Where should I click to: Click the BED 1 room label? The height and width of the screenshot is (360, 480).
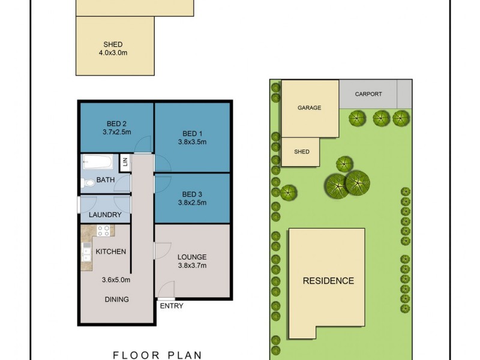point(193,133)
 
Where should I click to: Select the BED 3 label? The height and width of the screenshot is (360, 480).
point(193,194)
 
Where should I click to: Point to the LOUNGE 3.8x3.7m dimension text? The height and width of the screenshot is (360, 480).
point(193,265)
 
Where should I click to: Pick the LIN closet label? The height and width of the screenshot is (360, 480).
point(125,161)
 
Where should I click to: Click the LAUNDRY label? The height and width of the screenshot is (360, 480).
point(105,215)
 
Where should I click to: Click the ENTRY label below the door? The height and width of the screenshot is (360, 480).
point(172,306)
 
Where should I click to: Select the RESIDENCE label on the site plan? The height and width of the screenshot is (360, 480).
point(328,280)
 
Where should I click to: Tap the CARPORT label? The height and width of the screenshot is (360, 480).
point(368,94)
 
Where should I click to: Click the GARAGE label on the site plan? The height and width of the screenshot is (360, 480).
point(309,108)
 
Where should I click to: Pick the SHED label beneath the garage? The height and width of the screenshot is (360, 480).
point(302,152)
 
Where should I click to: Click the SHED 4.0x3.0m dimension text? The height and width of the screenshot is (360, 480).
point(113,53)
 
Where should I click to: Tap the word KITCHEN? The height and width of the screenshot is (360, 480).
point(111,251)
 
